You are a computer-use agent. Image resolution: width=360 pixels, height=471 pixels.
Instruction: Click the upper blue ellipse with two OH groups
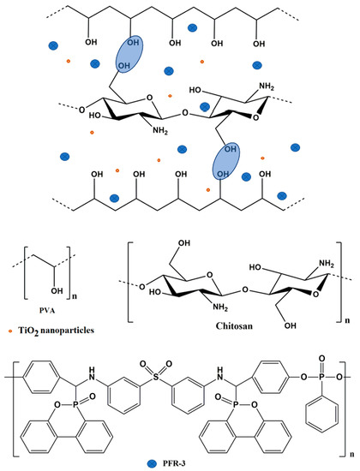129,58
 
